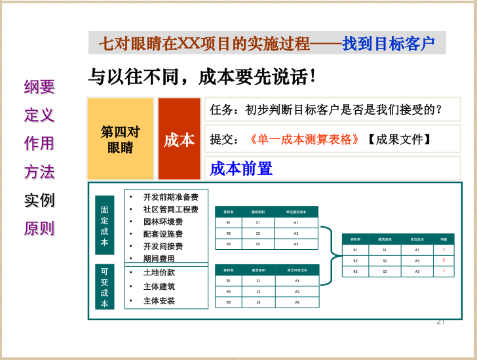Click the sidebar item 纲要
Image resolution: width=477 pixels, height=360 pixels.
(x=39, y=87)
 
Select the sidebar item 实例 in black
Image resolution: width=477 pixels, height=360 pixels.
(x=39, y=200)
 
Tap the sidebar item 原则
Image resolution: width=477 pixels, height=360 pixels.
(x=39, y=229)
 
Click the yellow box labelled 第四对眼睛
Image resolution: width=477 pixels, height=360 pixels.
(x=121, y=139)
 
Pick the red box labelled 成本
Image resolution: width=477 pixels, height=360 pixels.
(x=179, y=140)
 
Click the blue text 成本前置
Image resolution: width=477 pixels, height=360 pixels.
(x=241, y=169)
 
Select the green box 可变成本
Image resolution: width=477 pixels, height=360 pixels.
(x=104, y=286)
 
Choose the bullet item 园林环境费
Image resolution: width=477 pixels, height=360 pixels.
(x=162, y=222)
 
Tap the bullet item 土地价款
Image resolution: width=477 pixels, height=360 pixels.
(x=159, y=272)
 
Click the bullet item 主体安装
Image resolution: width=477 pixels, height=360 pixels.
(x=159, y=301)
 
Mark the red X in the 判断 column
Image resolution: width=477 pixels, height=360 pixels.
(x=444, y=260)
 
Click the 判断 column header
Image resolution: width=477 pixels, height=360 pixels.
(x=444, y=239)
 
